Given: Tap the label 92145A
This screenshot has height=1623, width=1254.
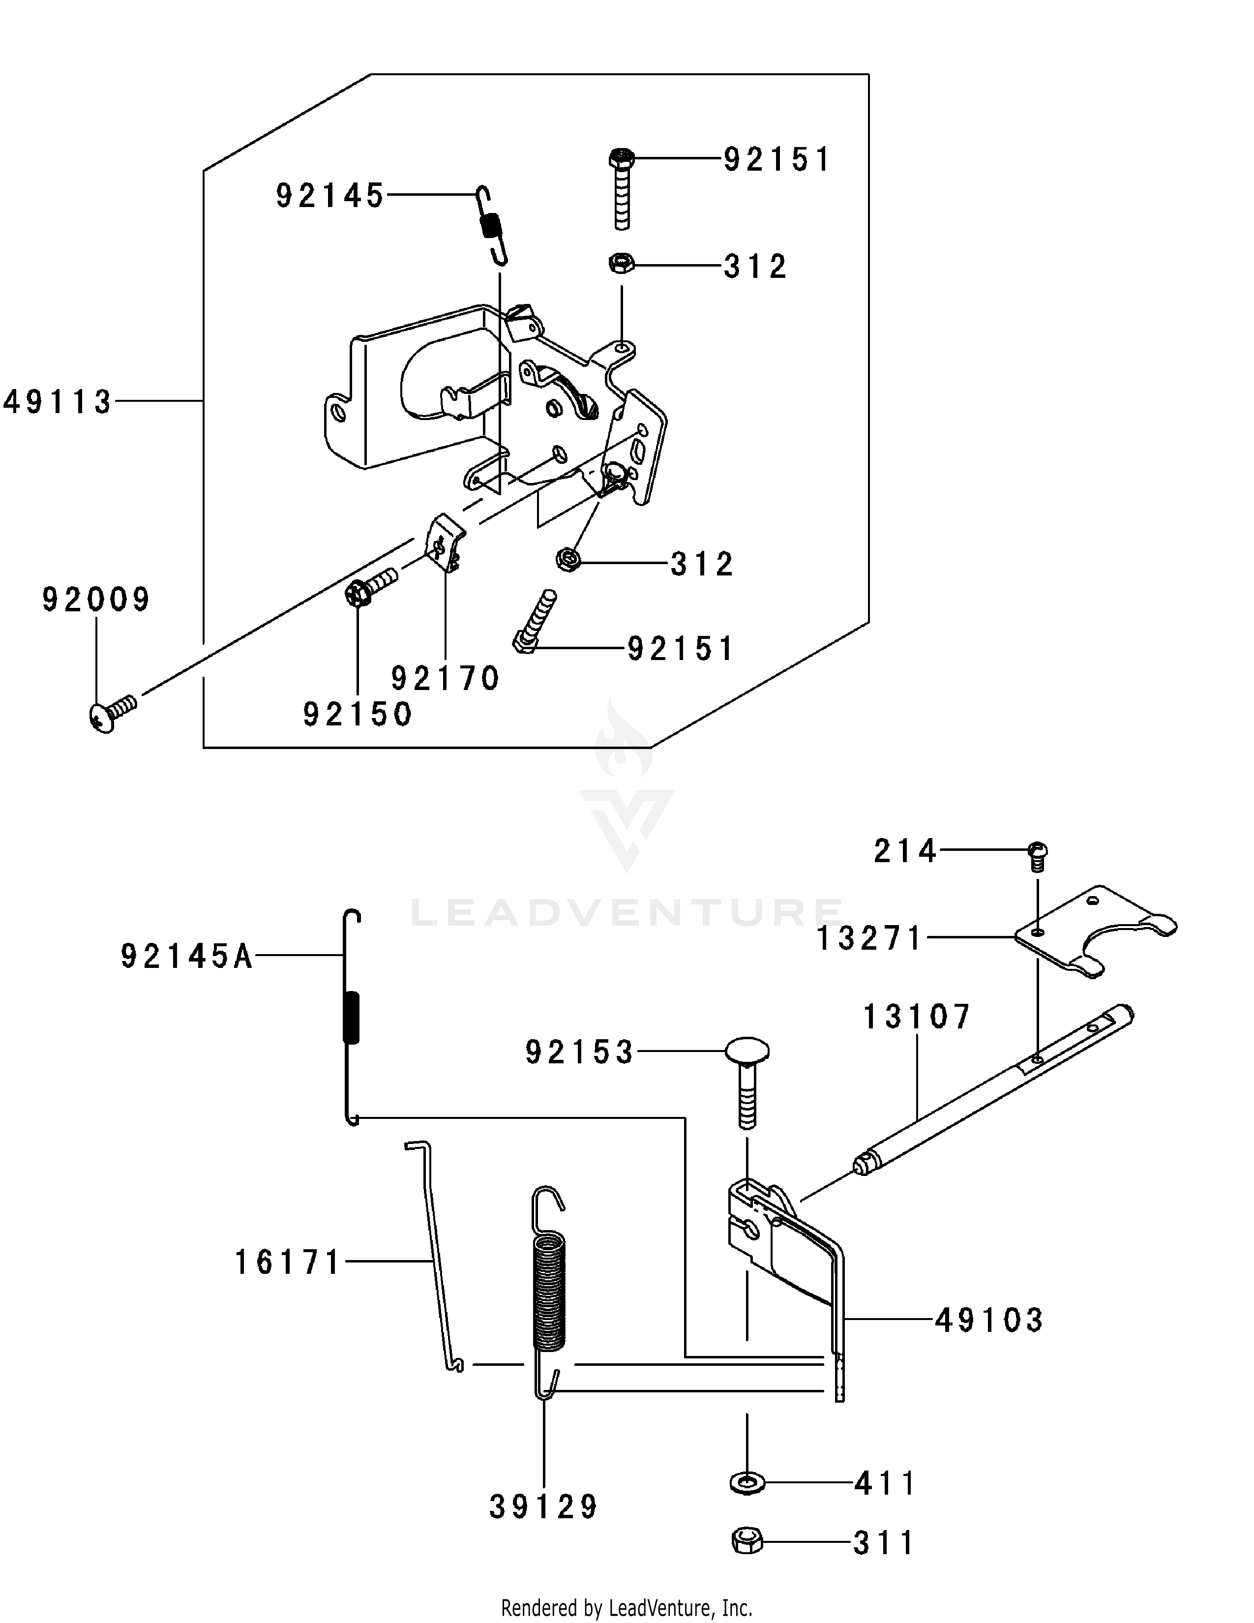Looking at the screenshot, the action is coord(187,957).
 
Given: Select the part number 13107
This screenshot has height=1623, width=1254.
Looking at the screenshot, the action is coord(917,1017).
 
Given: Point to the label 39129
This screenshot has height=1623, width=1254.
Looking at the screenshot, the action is coord(544,1507).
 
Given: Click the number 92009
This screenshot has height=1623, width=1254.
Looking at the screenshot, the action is coord(96,599).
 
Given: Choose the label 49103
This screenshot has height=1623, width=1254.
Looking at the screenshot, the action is coord(989,1321).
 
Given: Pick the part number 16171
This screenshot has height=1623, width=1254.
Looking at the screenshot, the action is coord(288,1262).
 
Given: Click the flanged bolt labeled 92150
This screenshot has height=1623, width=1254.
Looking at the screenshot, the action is coord(371,586).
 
